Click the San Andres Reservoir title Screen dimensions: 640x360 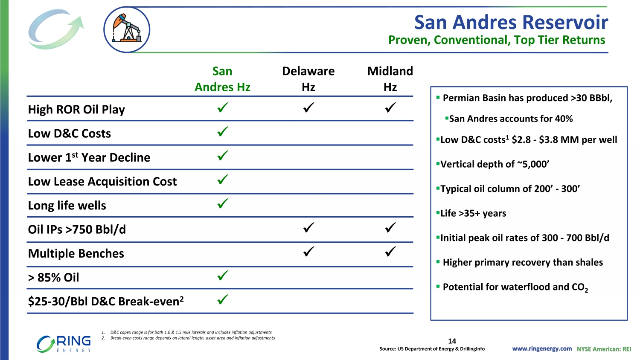(511, 22)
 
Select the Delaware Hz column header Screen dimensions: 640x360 (308, 79)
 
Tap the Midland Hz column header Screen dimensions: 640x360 (390, 79)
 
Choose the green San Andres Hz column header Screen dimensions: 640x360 (222, 79)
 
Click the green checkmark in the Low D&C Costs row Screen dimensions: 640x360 (223, 131)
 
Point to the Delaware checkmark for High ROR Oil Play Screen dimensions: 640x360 (308, 107)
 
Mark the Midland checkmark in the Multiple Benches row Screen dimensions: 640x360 (390, 251)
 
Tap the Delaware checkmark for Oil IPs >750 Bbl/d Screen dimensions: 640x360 (308, 227)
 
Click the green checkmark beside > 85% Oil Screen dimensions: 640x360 (223, 276)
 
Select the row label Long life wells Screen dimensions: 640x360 (67, 206)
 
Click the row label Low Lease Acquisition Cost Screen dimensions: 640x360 (102, 181)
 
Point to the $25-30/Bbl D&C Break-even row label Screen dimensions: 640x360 (106, 301)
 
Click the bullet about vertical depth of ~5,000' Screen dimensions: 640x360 (492, 164)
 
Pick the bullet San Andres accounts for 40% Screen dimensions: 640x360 (509, 119)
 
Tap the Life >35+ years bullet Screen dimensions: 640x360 (471, 213)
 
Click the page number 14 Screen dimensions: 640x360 (452, 341)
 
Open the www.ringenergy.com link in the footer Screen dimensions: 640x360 (542, 348)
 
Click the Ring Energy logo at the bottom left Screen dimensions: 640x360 (64, 344)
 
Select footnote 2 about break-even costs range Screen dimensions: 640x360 (188, 338)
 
